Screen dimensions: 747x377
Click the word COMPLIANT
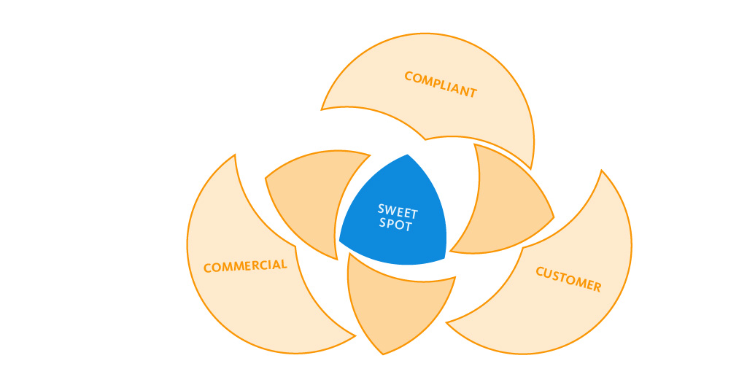[x=441, y=85]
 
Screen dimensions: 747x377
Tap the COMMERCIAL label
[x=245, y=265]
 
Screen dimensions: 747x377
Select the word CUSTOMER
[x=568, y=279]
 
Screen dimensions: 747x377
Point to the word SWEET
[x=398, y=211]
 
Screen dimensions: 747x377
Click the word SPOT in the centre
[x=395, y=224]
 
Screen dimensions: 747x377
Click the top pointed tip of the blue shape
[x=408, y=155]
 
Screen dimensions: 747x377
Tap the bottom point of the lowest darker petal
[x=383, y=354]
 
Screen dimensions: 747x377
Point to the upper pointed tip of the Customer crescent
[x=602, y=170]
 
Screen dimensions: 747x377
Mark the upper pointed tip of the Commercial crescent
[x=235, y=155]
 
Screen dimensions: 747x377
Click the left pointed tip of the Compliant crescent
[x=321, y=110]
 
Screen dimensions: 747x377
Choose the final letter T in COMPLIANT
[x=473, y=93]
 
